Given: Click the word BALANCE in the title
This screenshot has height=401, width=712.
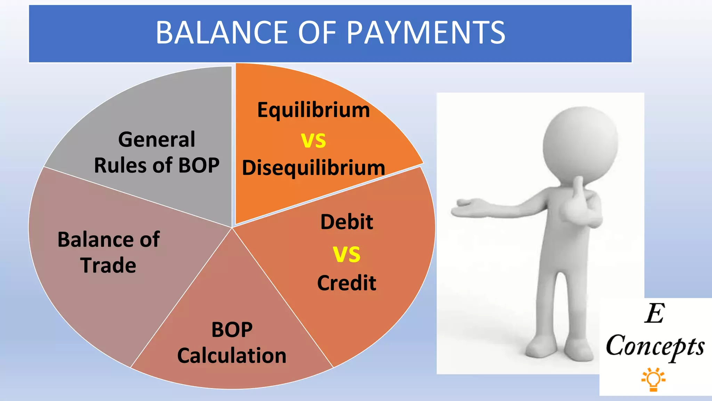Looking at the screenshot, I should click(x=222, y=33).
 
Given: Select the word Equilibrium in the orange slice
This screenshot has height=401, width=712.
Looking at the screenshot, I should click(x=313, y=110).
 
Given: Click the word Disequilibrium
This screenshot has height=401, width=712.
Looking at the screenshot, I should click(x=313, y=168).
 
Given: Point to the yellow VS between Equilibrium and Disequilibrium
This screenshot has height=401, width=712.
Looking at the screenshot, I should click(x=313, y=140).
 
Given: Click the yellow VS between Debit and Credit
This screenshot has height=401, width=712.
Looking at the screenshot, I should click(x=346, y=254).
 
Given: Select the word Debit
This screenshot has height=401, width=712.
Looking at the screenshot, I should click(x=346, y=222).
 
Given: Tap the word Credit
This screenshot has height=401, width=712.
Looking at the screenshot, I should click(x=346, y=283).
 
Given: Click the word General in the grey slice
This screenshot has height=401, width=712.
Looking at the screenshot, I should click(x=156, y=140).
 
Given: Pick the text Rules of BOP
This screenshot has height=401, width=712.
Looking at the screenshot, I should click(x=156, y=165).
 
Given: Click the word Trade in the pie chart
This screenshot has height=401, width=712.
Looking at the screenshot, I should click(x=108, y=265).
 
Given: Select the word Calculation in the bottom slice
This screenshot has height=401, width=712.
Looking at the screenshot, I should click(x=232, y=356).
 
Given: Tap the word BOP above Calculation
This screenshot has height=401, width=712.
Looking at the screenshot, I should click(x=232, y=330).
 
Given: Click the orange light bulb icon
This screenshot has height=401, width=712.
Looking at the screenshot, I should click(x=653, y=379).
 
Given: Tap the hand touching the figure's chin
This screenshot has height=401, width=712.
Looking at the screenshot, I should click(x=579, y=202).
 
